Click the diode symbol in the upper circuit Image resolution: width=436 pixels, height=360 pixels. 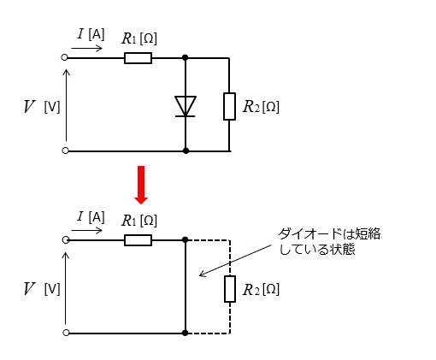(x=186, y=106)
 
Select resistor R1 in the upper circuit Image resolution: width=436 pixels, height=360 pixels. (x=138, y=58)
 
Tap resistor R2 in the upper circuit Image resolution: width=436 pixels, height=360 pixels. (x=229, y=106)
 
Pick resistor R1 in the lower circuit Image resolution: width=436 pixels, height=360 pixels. (x=138, y=240)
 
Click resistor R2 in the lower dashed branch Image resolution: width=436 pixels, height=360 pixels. (x=230, y=289)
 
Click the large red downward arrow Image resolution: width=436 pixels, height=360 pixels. (x=141, y=185)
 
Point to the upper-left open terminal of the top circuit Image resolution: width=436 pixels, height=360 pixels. (x=64, y=57)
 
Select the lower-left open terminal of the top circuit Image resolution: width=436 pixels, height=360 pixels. (x=65, y=150)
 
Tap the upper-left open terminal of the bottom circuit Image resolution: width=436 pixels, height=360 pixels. (x=66, y=240)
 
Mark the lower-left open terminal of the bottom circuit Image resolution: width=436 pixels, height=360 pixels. (x=66, y=333)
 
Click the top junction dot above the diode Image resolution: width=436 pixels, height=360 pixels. (x=186, y=58)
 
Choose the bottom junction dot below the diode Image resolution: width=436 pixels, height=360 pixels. (x=186, y=150)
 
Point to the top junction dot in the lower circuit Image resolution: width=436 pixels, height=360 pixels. (x=186, y=240)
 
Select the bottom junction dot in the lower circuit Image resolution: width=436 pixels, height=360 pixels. (x=186, y=333)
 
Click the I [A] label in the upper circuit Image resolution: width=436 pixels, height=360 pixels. (x=91, y=34)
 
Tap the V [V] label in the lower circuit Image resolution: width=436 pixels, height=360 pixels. (x=42, y=288)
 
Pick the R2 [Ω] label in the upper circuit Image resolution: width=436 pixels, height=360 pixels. (x=261, y=107)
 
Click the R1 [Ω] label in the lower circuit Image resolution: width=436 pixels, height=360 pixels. (x=139, y=221)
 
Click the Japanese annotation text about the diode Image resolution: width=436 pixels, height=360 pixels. (x=329, y=241)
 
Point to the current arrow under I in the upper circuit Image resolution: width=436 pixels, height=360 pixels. (x=86, y=48)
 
